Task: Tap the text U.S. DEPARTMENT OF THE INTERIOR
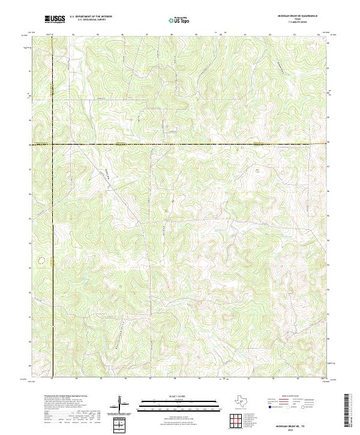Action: tap(91, 17)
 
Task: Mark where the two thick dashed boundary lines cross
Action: tap(52, 144)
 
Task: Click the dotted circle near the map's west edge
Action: tap(41, 260)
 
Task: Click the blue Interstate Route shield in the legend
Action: tap(269, 407)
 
